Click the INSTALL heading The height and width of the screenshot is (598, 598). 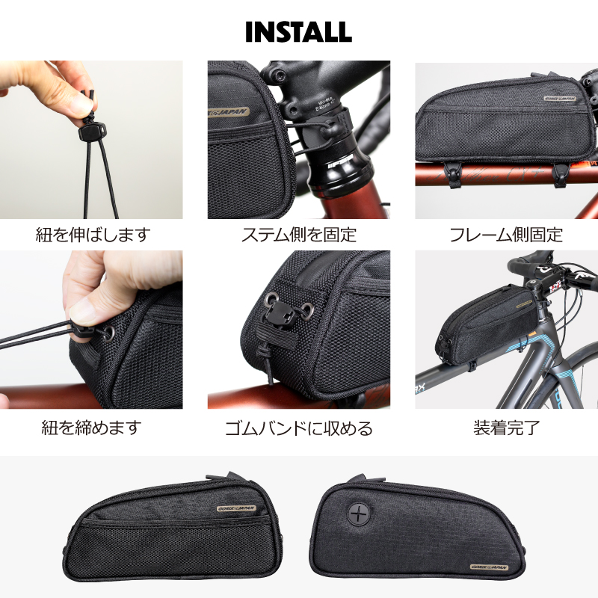click(299, 31)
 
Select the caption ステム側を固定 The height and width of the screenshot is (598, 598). click(298, 235)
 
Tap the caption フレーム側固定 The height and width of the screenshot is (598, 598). click(506, 235)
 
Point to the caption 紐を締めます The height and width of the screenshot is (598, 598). click(90, 428)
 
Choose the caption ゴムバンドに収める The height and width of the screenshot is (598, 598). click(298, 428)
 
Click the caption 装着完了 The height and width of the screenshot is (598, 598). click(506, 428)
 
